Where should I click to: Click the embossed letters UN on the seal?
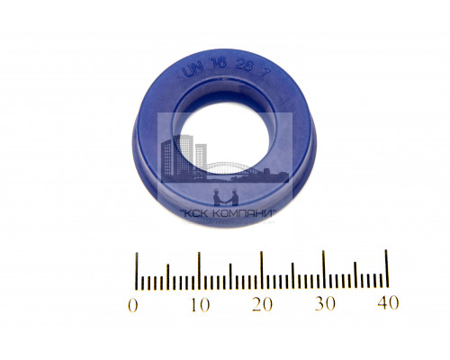(193, 71)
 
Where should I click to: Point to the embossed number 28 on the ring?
(244, 66)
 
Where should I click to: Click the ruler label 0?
(133, 305)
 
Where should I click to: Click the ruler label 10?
(201, 304)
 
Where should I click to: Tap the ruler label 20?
(263, 304)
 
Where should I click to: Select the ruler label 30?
(325, 303)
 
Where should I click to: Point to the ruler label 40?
(388, 302)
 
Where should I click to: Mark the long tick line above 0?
(137, 272)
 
